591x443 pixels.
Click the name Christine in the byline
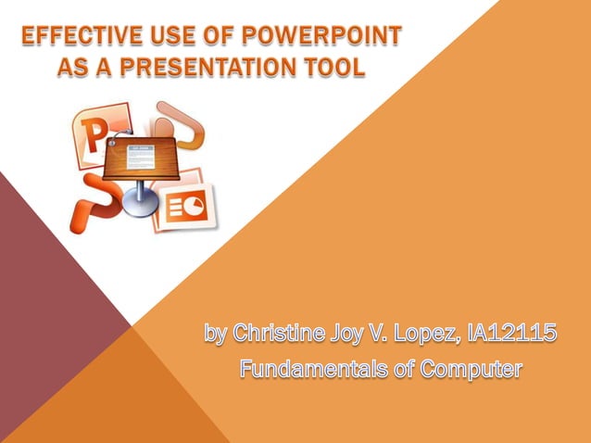tap(276, 332)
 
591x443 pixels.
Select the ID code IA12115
tap(513, 332)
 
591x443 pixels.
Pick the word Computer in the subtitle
tap(471, 369)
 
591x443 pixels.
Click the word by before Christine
tap(217, 332)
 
